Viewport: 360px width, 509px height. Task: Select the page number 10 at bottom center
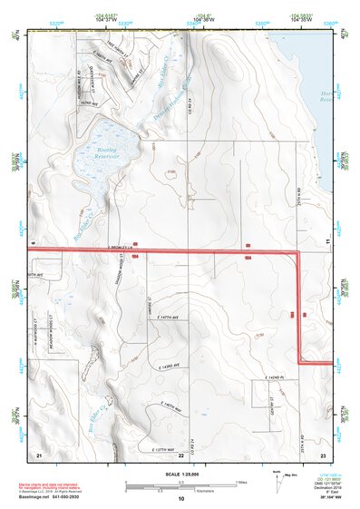(180, 499)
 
